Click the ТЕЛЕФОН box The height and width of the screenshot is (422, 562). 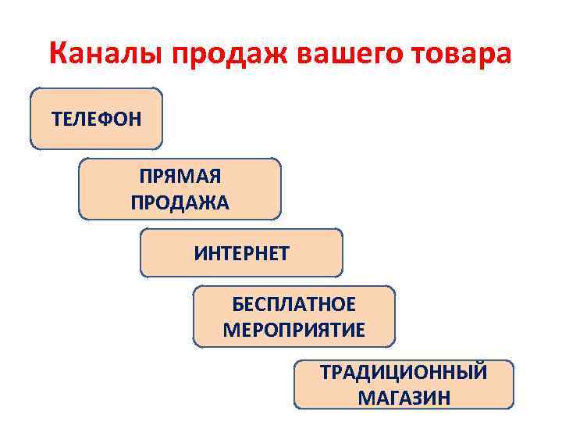click(x=97, y=119)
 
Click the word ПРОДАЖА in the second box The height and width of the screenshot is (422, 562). click(x=180, y=203)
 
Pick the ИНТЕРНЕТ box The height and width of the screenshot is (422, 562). click(x=241, y=253)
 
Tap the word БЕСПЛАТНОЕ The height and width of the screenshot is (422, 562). click(x=293, y=304)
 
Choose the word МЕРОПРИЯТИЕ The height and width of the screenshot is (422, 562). click(x=293, y=329)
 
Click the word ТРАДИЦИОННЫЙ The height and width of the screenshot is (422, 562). click(x=404, y=372)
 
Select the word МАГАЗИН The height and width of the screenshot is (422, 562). click(x=404, y=398)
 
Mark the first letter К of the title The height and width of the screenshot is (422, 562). click(x=58, y=54)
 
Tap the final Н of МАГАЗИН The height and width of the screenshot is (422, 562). click(x=444, y=398)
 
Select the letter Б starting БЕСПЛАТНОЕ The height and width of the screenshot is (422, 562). click(x=237, y=304)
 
